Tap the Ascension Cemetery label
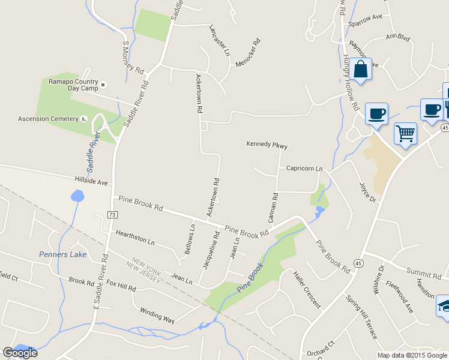49,118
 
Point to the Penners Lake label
63,254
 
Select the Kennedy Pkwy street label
267,145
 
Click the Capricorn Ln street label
304,169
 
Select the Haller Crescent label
307,290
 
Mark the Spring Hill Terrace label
361,316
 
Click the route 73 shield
112,214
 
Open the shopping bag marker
361,70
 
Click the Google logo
20,353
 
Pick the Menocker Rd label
249,53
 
